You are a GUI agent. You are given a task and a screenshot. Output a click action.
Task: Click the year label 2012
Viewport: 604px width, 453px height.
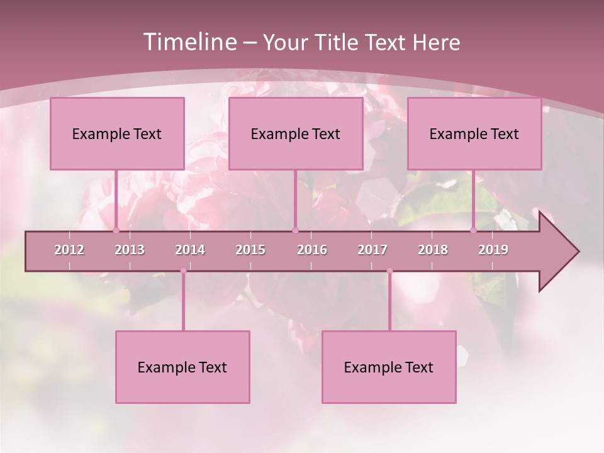[69, 250]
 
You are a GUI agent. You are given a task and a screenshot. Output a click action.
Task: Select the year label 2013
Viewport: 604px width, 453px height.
[130, 250]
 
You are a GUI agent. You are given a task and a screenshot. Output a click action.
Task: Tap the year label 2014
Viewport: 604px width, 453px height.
[190, 250]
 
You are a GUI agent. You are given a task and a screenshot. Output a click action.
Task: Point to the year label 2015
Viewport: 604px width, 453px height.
[250, 250]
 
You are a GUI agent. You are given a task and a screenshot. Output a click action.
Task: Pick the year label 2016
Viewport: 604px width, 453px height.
[312, 250]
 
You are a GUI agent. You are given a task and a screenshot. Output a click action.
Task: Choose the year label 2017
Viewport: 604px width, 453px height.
[372, 250]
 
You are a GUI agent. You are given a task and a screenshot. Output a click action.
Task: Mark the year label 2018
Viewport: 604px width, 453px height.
[433, 250]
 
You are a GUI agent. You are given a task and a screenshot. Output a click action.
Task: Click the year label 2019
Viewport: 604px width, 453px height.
[493, 250]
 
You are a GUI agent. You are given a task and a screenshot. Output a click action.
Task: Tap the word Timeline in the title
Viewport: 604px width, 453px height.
[189, 42]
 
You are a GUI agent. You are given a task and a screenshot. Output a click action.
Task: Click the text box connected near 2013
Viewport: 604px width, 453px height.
[117, 133]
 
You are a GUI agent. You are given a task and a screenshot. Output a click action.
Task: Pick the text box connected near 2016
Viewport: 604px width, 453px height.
[296, 133]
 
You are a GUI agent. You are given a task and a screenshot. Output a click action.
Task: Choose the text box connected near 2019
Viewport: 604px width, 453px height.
[474, 133]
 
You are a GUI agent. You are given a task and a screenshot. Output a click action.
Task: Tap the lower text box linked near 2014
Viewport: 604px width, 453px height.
[182, 367]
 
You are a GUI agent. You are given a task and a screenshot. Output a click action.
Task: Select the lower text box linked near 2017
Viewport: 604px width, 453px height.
[389, 367]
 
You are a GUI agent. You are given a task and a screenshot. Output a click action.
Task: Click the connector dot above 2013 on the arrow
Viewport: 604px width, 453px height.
[116, 231]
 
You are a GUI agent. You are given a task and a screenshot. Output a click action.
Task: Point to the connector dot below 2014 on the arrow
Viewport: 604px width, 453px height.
[183, 271]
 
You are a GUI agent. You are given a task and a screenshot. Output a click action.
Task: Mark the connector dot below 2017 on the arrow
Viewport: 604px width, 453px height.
[389, 271]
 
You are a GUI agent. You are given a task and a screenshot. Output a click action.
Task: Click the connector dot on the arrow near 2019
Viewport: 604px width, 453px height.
[473, 231]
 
